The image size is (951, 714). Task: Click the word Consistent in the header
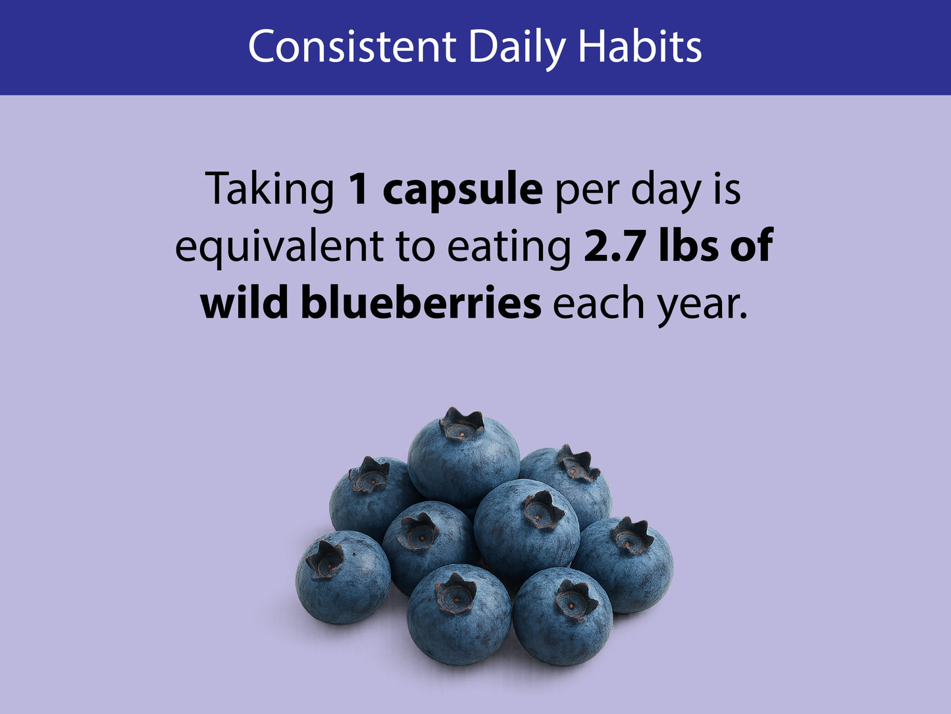click(352, 46)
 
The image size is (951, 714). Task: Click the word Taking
click(269, 191)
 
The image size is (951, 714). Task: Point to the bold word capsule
click(462, 191)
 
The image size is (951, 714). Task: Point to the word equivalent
click(280, 248)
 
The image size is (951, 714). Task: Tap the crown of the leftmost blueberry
click(324, 560)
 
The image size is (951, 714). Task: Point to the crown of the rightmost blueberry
click(632, 536)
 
